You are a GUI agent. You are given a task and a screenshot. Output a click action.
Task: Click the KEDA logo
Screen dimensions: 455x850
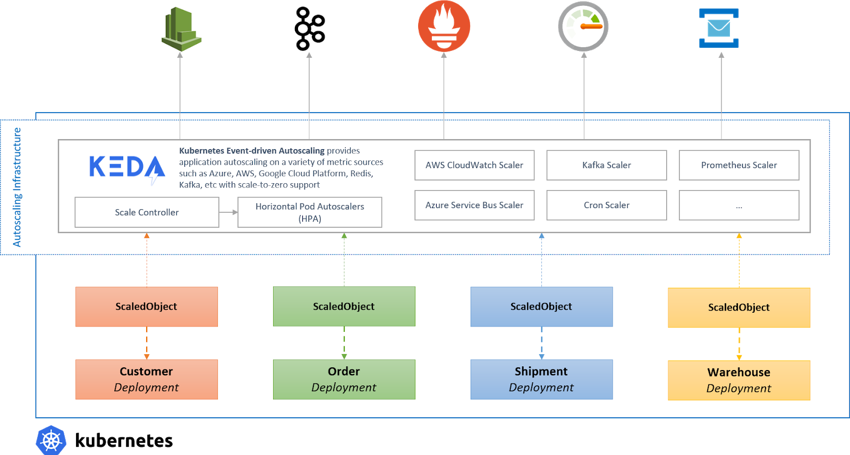tap(127, 167)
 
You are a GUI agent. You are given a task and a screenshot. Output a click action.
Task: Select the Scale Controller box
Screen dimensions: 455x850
tap(147, 212)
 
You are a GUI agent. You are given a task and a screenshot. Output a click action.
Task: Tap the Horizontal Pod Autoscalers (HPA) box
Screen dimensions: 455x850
tap(310, 212)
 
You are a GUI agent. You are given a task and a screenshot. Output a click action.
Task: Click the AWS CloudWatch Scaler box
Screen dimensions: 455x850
tap(474, 165)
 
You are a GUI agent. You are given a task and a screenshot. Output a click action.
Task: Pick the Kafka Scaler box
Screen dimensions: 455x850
tap(606, 165)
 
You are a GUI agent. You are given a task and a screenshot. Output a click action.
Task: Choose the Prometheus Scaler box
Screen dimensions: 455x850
tap(739, 165)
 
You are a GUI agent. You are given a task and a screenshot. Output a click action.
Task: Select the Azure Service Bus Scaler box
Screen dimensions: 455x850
tap(474, 205)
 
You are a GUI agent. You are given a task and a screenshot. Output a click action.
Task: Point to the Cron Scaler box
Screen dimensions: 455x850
tap(606, 205)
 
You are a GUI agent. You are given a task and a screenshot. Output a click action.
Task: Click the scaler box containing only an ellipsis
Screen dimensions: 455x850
tap(739, 205)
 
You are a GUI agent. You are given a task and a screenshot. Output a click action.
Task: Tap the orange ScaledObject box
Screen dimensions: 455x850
tap(147, 306)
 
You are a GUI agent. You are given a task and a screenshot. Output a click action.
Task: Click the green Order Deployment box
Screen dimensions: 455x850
tap(344, 379)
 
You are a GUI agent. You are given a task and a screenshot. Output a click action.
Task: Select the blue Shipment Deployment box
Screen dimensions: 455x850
tap(541, 379)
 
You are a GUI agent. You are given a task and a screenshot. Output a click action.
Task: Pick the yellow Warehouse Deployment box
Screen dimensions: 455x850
tap(739, 380)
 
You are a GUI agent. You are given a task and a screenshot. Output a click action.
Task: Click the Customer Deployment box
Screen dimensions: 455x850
tap(147, 379)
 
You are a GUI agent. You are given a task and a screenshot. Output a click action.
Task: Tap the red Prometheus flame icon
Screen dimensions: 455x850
tap(444, 26)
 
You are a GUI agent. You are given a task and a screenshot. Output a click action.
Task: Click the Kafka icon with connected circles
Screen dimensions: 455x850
tap(309, 28)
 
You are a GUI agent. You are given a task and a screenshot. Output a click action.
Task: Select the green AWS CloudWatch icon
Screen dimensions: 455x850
tap(180, 28)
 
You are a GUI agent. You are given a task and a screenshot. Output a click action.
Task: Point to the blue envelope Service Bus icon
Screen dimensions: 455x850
tap(719, 28)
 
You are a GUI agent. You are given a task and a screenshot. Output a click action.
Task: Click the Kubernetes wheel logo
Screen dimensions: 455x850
tap(51, 440)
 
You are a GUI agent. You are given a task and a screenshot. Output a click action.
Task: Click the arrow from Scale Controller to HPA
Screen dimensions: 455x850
tap(228, 212)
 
